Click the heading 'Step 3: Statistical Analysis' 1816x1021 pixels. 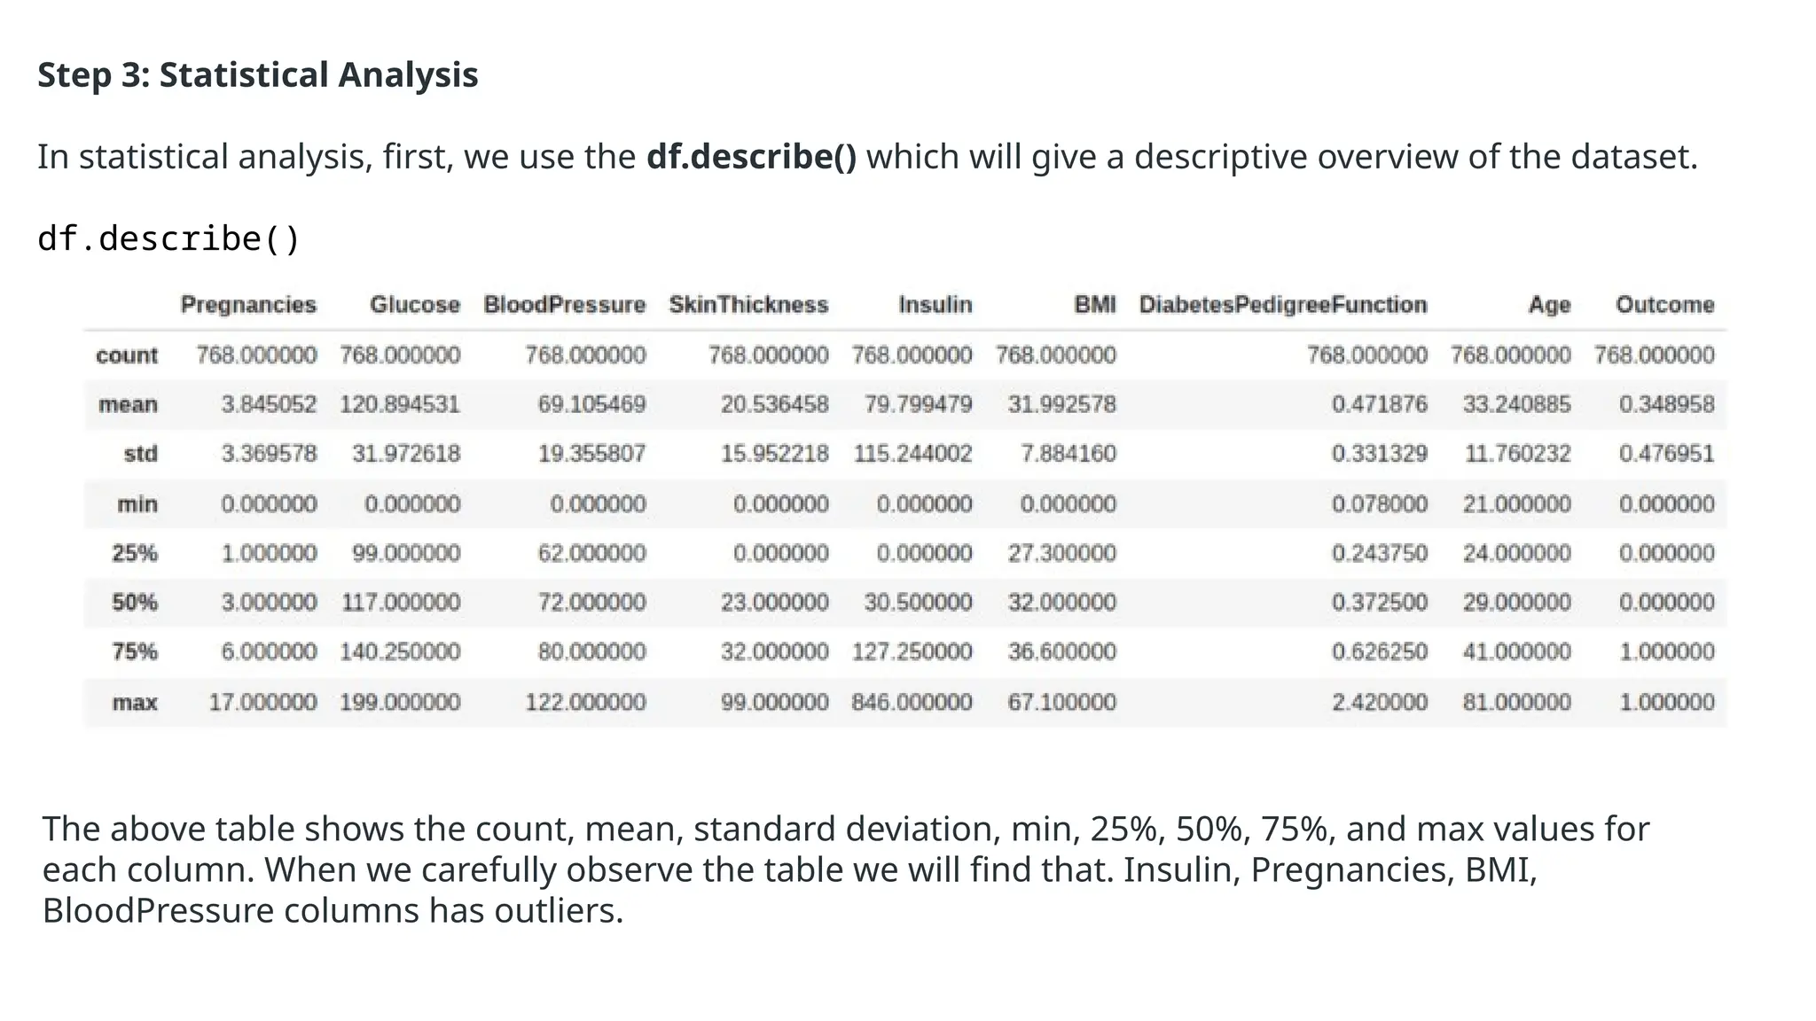pos(257,75)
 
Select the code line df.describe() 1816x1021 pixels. pos(169,239)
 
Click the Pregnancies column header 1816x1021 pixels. pos(248,305)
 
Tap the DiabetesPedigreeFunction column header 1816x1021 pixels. pos(1283,305)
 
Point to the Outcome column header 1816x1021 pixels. pos(1664,305)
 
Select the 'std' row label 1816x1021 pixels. pos(140,454)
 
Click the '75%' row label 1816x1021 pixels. pos(135,652)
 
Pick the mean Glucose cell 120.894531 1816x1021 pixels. pos(400,405)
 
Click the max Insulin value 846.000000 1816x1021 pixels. pos(912,703)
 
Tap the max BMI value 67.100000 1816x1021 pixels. pos(1061,703)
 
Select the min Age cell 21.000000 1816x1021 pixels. pos(1516,504)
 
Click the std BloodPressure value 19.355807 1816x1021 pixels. pos(591,454)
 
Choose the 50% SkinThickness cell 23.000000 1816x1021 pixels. pos(774,603)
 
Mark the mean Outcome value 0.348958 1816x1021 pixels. pos(1666,405)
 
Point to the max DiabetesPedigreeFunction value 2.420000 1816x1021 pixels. pos(1379,703)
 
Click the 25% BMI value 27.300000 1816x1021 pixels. pos(1061,553)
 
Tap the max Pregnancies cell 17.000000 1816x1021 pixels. pos(262,703)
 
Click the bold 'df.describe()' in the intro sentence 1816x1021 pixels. pos(751,157)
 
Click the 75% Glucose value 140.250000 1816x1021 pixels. pos(400,652)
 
